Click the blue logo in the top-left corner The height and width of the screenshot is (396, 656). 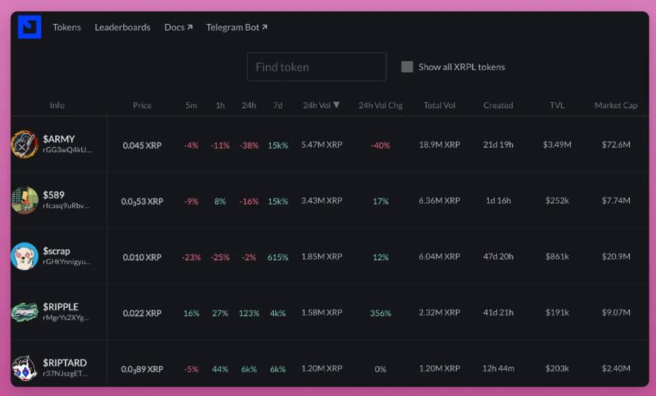pyautogui.click(x=29, y=27)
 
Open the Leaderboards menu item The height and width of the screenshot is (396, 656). pyautogui.click(x=122, y=28)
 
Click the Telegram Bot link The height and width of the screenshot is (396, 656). pyautogui.click(x=237, y=28)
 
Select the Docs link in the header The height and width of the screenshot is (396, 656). pyautogui.click(x=178, y=28)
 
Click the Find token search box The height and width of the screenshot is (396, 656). pyautogui.click(x=316, y=67)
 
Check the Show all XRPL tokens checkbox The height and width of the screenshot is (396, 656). pyautogui.click(x=407, y=67)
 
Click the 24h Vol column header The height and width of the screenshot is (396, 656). pyautogui.click(x=321, y=105)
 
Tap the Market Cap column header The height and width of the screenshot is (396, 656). pyautogui.click(x=616, y=105)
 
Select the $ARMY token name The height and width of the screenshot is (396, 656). pyautogui.click(x=59, y=139)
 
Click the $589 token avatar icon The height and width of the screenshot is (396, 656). pyautogui.click(x=25, y=201)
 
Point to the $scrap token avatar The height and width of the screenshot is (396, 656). pyautogui.click(x=25, y=257)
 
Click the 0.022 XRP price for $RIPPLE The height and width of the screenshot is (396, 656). pyautogui.click(x=142, y=313)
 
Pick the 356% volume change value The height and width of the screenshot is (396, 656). pyautogui.click(x=381, y=313)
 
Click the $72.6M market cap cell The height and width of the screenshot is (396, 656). pyautogui.click(x=616, y=145)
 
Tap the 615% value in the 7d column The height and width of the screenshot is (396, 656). pyautogui.click(x=278, y=257)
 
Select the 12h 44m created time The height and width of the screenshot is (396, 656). pyautogui.click(x=498, y=369)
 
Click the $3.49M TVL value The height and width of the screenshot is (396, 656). pyautogui.click(x=557, y=145)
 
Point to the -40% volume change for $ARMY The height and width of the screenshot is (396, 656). pyautogui.click(x=381, y=145)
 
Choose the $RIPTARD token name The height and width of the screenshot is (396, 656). pyautogui.click(x=65, y=362)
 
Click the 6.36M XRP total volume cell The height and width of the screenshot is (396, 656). pyautogui.click(x=440, y=201)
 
